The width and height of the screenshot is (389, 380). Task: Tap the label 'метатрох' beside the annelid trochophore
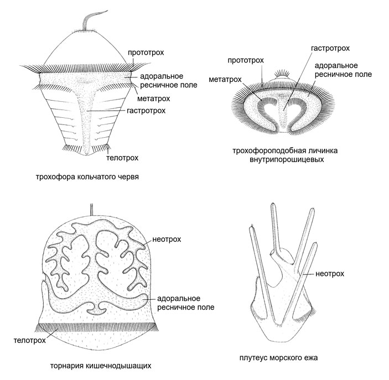coord(153,99)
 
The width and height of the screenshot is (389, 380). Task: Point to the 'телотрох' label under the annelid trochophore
coord(122,157)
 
